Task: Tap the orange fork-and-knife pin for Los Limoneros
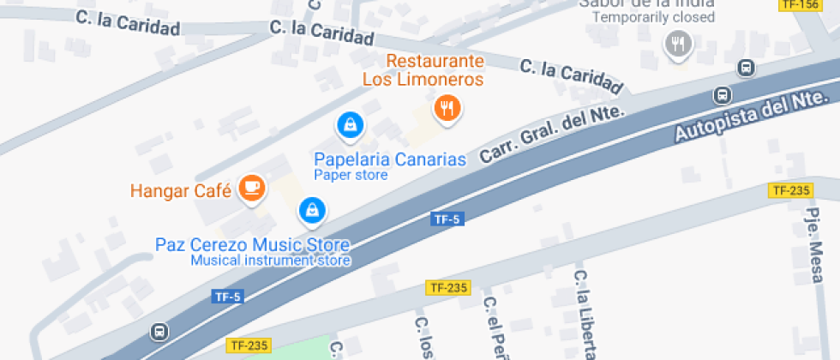(x=447, y=108)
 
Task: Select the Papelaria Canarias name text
(x=389, y=159)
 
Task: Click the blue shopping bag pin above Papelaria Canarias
(x=349, y=126)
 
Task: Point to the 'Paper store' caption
(x=351, y=176)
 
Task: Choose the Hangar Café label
(x=181, y=190)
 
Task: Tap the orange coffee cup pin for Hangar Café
(x=250, y=187)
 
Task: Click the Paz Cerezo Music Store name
(x=252, y=244)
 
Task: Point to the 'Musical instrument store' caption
(x=270, y=261)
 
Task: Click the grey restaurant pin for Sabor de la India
(x=678, y=43)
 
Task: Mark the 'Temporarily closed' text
(x=653, y=17)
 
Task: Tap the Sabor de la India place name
(x=647, y=3)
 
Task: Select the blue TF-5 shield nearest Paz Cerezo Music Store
(x=228, y=297)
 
